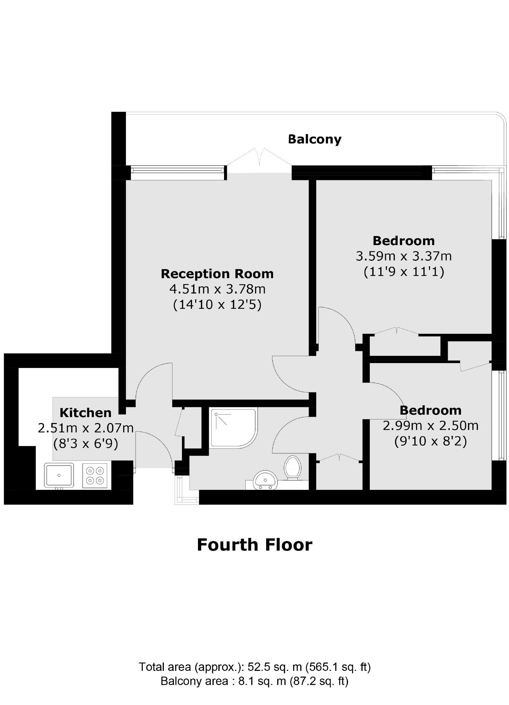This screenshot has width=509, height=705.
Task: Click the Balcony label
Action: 315,139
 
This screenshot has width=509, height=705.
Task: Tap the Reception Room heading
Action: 217,274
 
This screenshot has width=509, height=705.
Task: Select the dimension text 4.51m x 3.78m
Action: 217,289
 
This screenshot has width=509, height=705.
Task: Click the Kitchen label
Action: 86,413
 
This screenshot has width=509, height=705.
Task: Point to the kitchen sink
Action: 59,475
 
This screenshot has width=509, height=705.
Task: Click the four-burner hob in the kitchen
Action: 95,475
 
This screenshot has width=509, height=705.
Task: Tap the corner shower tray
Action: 233,428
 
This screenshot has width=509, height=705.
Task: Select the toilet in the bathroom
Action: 293,468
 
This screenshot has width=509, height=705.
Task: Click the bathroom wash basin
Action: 265,480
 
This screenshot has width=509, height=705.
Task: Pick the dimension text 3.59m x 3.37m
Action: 404,256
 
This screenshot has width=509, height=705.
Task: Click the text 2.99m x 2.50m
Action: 430,426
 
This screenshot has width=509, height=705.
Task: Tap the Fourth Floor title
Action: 254,545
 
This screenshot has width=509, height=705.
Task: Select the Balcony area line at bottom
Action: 254,681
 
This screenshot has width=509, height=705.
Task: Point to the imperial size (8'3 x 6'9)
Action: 86,444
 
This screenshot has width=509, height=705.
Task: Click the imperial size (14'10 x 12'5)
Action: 217,305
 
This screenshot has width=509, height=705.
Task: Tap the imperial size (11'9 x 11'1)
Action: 404,272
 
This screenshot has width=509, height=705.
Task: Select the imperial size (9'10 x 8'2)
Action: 430,441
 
